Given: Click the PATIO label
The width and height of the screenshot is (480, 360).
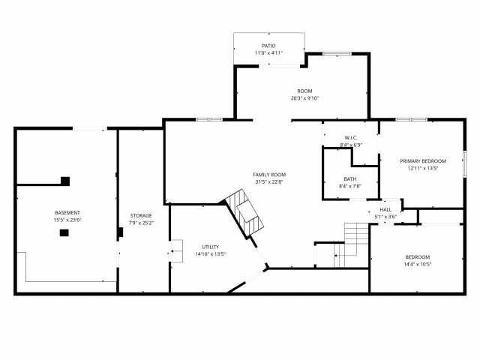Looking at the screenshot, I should tap(268, 46).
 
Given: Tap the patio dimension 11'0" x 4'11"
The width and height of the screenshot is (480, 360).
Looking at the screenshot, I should tap(268, 53).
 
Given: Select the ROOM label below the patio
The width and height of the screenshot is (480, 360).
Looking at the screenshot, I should tap(304, 91).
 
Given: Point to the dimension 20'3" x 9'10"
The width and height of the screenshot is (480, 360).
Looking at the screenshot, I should tap(304, 98).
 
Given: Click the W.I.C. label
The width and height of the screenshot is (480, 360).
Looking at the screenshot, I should tap(350, 137).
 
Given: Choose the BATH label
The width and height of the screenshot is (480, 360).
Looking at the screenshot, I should tap(350, 178).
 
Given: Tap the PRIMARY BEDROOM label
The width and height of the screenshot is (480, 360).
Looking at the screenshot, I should tap(423, 161).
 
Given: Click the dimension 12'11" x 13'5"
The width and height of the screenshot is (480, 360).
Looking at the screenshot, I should tap(423, 169).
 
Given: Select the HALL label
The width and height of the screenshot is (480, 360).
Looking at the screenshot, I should tap(385, 210).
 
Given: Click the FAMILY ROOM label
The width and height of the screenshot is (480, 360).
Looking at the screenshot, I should tap(269, 175).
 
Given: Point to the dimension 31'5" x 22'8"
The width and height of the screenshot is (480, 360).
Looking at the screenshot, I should tap(269, 182).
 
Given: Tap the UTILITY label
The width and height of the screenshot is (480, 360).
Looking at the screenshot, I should tap(210, 247).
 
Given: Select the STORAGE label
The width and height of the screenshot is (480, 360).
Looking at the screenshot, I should tap(141, 215).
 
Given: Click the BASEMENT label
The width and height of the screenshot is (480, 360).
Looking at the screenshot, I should tap(67, 212).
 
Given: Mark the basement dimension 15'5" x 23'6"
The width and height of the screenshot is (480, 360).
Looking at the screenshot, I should tap(67, 220).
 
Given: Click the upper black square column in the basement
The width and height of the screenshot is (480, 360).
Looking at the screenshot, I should tap(65, 181).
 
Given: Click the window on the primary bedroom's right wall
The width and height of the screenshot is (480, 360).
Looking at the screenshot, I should tap(465, 163).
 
